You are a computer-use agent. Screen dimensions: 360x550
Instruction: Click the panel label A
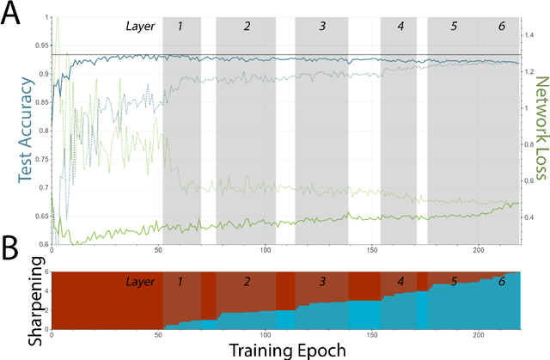pos(15,15)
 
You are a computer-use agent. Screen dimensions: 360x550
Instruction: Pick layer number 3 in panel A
pos(322,26)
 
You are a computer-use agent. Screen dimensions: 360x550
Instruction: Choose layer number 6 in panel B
pos(502,281)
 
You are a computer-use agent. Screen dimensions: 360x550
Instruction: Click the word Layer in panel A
pos(140,26)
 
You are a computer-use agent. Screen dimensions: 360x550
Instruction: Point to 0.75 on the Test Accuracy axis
pos(40,161)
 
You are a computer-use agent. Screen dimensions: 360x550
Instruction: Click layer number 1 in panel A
pos(180,26)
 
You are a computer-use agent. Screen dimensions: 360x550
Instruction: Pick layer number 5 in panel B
pos(455,281)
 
